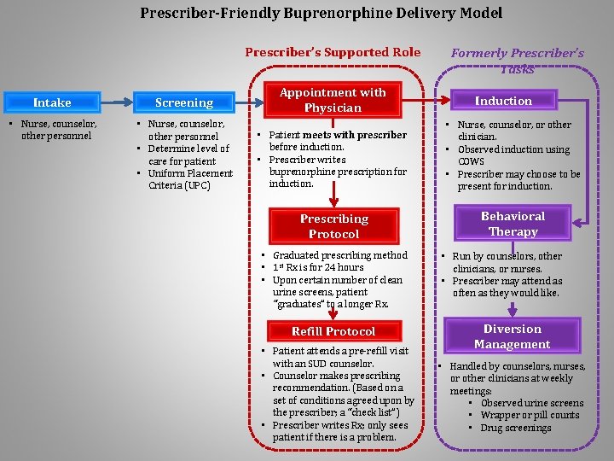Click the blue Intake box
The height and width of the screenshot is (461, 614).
52,102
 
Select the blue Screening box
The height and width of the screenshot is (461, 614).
183,102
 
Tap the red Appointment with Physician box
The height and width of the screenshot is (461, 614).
333,100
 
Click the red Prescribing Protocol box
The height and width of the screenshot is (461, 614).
333,226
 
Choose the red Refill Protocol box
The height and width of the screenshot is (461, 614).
333,331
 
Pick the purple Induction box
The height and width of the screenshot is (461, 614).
503,101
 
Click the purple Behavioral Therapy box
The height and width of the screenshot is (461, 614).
513,224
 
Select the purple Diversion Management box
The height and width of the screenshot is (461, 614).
512,336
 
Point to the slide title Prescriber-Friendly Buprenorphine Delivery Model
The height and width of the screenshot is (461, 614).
321,13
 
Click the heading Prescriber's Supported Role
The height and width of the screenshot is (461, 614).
333,52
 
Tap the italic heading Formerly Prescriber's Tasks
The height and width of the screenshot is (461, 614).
517,61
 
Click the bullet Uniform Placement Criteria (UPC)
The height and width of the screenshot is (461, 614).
190,179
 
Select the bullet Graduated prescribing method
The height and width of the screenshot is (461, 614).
339,255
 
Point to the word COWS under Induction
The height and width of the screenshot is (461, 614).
471,161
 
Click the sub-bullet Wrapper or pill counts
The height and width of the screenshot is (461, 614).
529,415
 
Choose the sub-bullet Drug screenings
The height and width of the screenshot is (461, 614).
515,428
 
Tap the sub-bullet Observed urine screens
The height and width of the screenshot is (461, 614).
531,403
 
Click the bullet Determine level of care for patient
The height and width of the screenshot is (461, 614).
188,155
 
